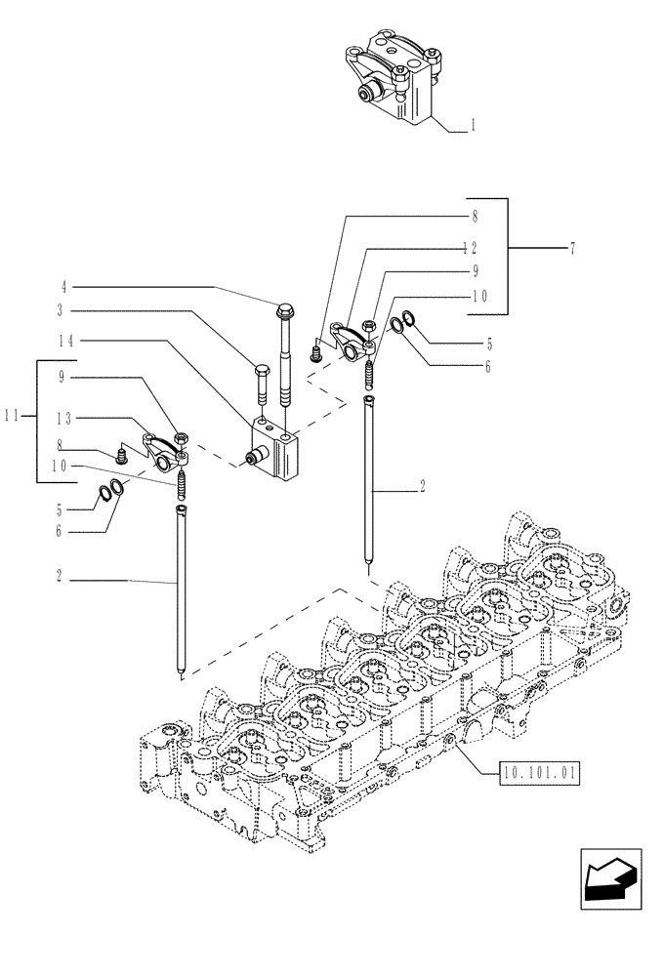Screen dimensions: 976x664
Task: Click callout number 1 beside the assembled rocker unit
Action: (x=474, y=125)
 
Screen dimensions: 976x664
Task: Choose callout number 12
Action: (x=471, y=247)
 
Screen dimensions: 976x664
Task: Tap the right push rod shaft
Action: (x=367, y=478)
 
